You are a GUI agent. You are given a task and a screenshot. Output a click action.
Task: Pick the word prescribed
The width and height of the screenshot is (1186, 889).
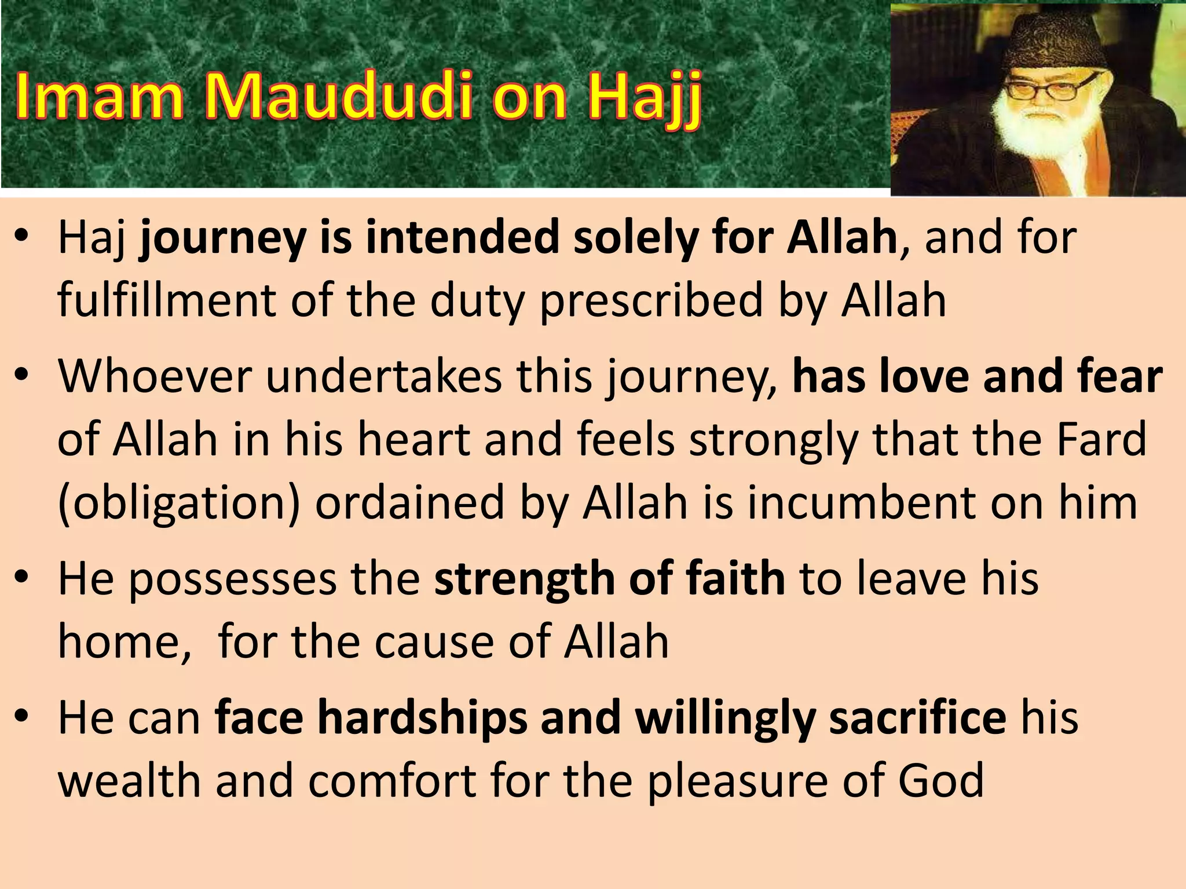click(651, 302)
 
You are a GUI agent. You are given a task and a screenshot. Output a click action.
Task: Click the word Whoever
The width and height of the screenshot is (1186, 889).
click(154, 376)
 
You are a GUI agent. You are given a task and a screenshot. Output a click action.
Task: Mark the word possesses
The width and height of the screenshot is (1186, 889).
click(232, 580)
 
